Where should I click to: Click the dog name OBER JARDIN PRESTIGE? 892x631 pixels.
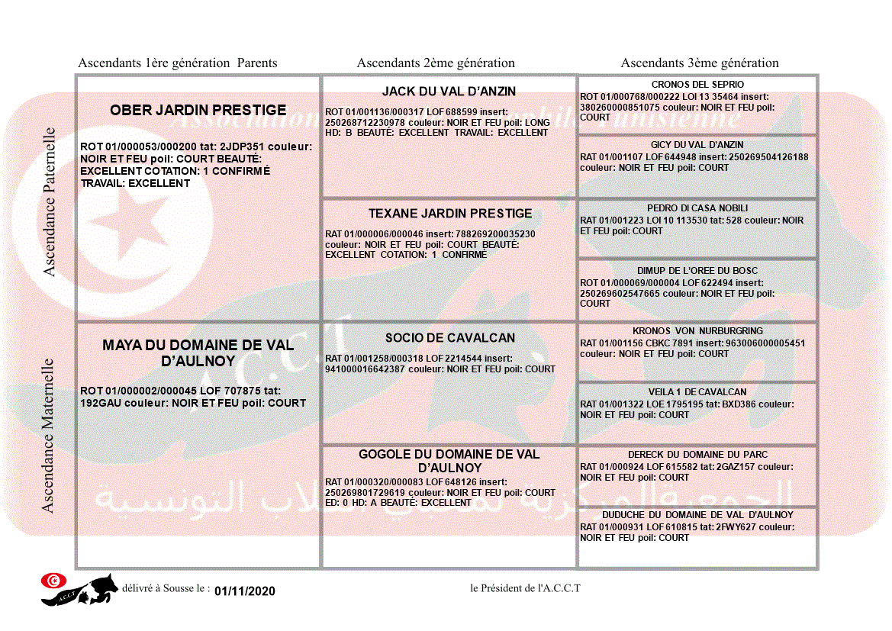point(198,111)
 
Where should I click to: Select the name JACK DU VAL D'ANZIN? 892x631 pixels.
point(449,92)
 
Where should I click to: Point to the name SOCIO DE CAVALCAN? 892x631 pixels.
point(449,338)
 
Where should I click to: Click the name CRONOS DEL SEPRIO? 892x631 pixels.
point(697,85)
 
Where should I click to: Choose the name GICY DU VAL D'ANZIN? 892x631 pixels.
point(697,145)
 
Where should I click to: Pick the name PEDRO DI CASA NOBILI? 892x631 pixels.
point(697,208)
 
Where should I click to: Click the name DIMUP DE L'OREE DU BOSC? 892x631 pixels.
point(697,271)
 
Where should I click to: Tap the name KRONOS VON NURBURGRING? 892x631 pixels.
point(697,331)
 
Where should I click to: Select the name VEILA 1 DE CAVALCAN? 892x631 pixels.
point(697,392)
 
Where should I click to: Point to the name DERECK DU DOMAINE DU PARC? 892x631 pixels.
point(697,455)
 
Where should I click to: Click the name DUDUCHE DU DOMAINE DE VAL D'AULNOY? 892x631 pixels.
point(697,515)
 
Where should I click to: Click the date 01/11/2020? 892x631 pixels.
point(244,591)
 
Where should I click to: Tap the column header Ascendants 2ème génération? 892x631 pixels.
point(436,63)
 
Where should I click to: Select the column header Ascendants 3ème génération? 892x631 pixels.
point(700,63)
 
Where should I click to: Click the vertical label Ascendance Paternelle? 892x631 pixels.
point(50,201)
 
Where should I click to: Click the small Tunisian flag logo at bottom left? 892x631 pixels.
point(53,581)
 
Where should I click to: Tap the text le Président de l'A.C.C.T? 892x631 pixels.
point(525,588)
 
